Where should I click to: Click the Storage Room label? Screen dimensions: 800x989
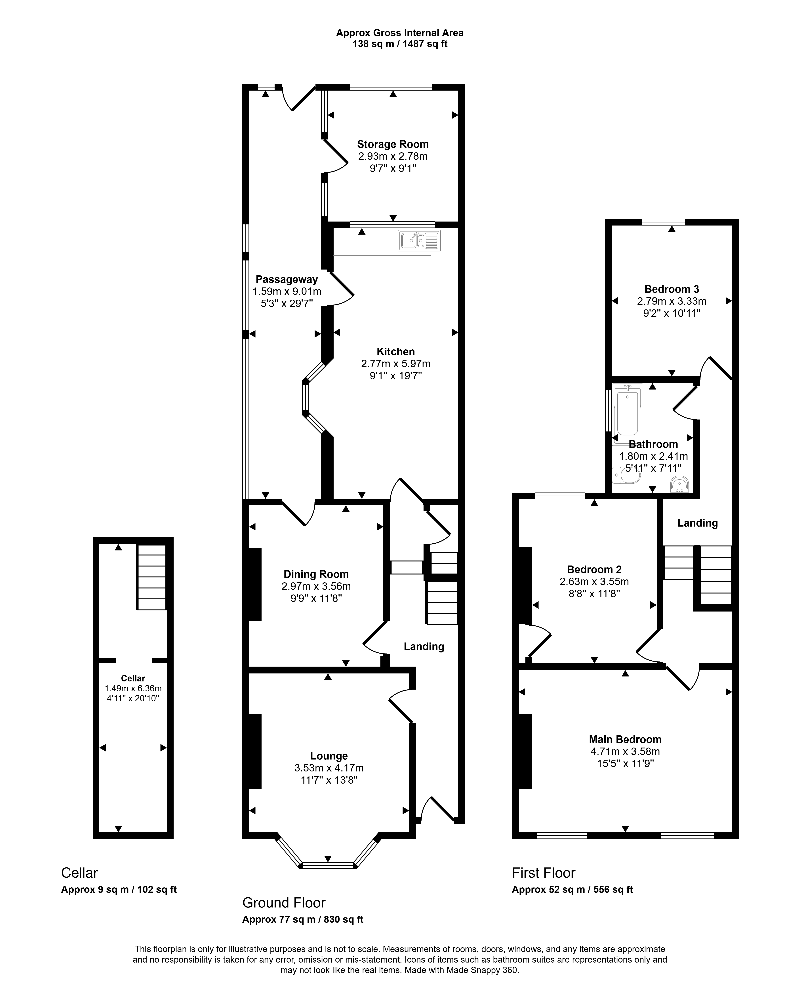click(393, 144)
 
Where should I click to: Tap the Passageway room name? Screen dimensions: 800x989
click(287, 279)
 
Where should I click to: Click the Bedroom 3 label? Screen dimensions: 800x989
click(671, 289)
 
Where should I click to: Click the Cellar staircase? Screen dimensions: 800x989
click(151, 577)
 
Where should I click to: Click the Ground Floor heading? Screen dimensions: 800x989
click(284, 903)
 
